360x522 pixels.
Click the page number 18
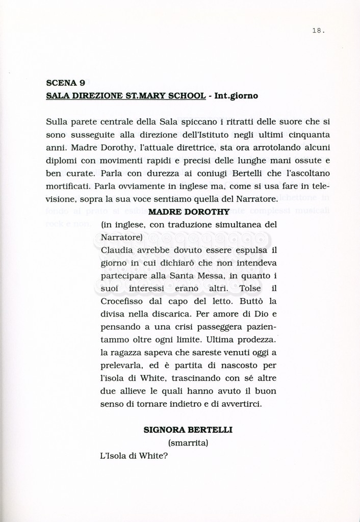[318, 31]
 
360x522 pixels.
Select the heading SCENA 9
[65, 83]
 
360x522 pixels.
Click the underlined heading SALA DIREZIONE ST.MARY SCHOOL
[125, 95]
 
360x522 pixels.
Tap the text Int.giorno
[237, 95]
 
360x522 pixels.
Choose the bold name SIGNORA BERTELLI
[188, 430]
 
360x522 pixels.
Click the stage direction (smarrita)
[188, 443]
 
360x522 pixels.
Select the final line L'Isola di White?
[135, 456]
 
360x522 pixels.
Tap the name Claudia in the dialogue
[116, 250]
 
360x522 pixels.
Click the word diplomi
[61, 160]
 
